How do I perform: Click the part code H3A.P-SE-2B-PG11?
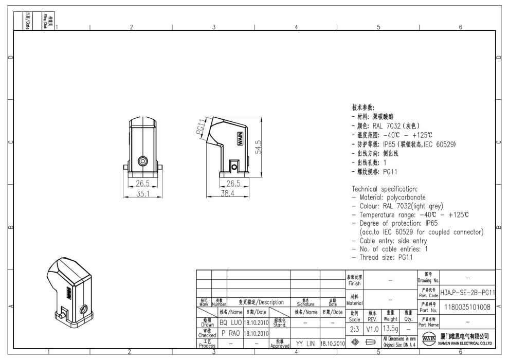point(467,292)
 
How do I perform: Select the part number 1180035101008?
point(467,307)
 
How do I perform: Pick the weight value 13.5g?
point(390,328)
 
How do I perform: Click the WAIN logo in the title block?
point(426,341)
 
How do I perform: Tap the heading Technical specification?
point(390,189)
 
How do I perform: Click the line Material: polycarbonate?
point(389,197)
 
